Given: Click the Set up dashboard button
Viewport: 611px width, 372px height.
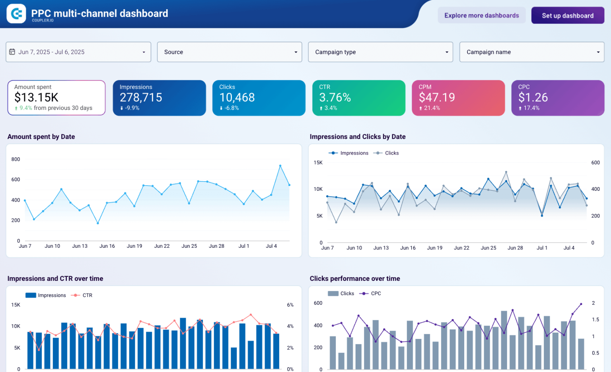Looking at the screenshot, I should point(567,16).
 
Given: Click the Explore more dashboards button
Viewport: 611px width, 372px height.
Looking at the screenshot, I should point(481,16).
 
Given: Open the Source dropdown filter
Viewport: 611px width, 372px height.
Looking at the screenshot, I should point(230,52).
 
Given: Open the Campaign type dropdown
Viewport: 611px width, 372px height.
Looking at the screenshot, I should point(380,52).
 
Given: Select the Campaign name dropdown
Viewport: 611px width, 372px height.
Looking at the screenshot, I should point(531,52).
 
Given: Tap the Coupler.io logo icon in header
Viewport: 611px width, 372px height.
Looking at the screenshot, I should point(16,14).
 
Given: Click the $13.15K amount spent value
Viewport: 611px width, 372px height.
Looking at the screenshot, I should point(36,97).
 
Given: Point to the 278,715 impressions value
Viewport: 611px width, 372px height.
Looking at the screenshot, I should point(141,97).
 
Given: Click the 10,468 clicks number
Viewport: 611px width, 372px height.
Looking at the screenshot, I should point(237,97).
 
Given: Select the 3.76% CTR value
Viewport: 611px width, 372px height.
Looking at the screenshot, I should point(335,97).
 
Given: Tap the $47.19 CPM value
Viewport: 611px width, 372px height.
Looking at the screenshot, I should point(437,97).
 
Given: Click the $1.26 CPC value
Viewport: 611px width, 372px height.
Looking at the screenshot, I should point(533,97).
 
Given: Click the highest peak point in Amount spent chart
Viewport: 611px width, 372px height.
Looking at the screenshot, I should point(280,165).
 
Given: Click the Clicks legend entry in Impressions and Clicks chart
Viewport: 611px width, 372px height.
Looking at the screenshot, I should point(391,153).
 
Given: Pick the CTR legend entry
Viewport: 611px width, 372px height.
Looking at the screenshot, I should point(87,295).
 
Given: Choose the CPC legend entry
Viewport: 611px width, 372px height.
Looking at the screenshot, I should point(375,294).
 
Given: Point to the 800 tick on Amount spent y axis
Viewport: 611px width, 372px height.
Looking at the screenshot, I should point(16,159).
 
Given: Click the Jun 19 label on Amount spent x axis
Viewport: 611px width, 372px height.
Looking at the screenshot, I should point(134,246).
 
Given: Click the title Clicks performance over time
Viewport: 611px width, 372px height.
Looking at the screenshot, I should point(355,278).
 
